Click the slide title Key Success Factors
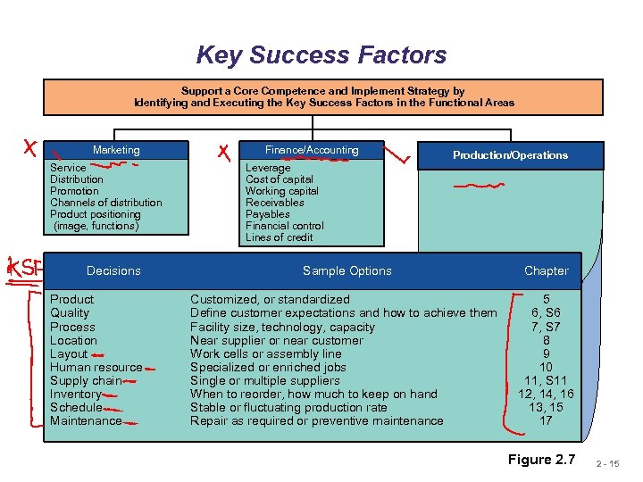(x=321, y=55)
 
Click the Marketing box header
(x=116, y=150)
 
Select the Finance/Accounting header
(x=312, y=150)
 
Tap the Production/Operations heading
(x=510, y=155)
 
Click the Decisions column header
(x=113, y=270)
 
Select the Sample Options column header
(x=347, y=270)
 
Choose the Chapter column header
(x=546, y=270)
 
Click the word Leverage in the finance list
(x=268, y=168)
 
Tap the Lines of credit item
(x=280, y=237)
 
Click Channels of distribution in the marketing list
(x=105, y=203)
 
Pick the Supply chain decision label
(x=86, y=380)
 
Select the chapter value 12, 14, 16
(x=546, y=394)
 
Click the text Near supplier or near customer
(x=276, y=340)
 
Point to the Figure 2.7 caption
(x=542, y=460)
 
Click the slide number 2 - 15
(x=618, y=463)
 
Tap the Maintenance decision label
(x=86, y=420)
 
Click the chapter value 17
(x=546, y=420)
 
